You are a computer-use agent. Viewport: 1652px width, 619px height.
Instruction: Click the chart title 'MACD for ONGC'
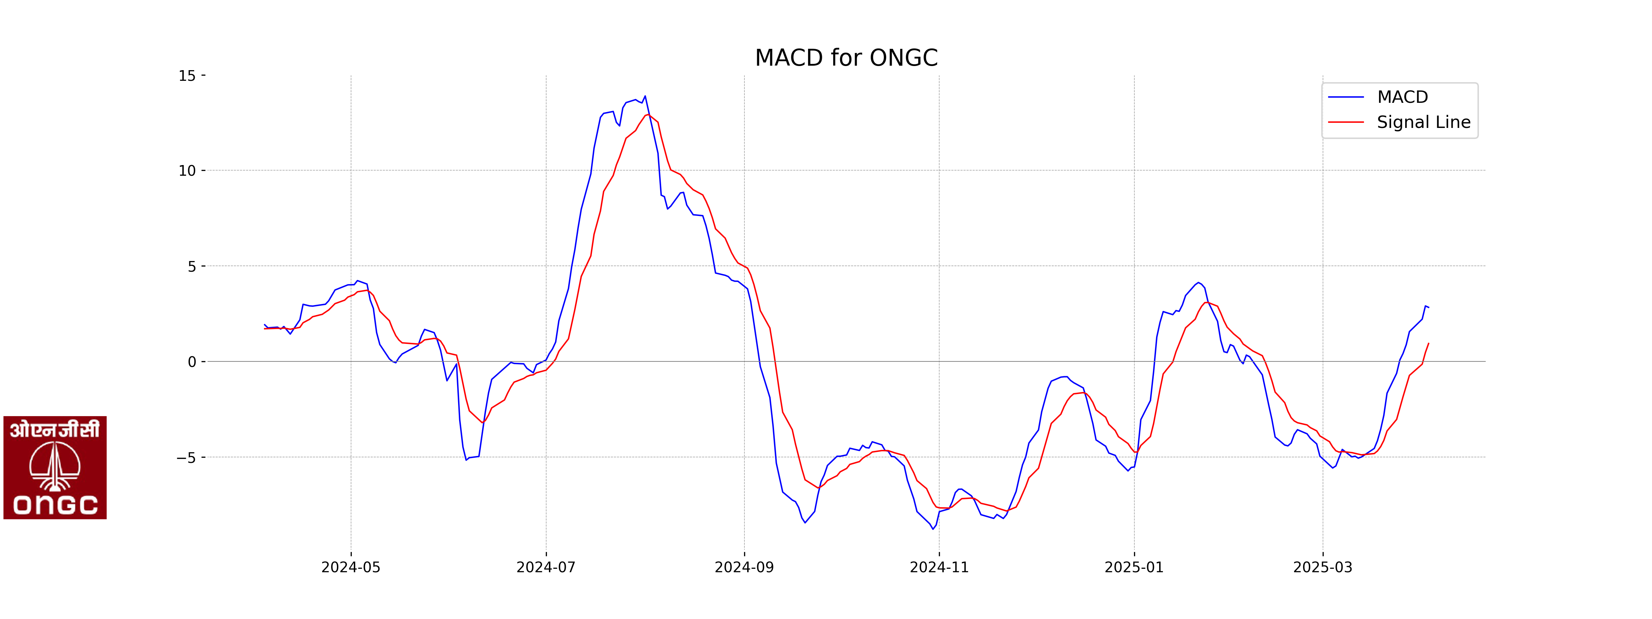coord(846,58)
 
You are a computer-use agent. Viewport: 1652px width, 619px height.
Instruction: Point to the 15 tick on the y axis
coord(187,76)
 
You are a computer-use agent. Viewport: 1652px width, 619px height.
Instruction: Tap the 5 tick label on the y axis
coord(192,266)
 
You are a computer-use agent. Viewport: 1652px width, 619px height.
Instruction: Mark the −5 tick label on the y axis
coord(186,457)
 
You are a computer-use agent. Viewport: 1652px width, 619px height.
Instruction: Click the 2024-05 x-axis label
coord(351,567)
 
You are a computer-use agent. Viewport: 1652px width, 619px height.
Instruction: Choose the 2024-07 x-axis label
coord(546,567)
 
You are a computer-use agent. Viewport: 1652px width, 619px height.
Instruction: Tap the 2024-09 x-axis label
coord(744,567)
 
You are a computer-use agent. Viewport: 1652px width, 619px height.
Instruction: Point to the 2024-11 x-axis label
coord(939,567)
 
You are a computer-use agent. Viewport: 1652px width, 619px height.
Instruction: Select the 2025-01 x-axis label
coord(1134,567)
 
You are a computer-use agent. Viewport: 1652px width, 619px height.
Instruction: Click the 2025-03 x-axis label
coord(1322,567)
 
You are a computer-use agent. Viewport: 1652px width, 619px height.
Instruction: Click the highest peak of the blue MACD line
coord(645,96)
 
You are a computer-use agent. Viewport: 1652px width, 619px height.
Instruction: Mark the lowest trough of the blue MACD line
coord(933,529)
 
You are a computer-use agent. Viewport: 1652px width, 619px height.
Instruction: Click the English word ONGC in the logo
coord(55,505)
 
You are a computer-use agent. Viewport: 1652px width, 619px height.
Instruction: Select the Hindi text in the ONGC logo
coord(55,429)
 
